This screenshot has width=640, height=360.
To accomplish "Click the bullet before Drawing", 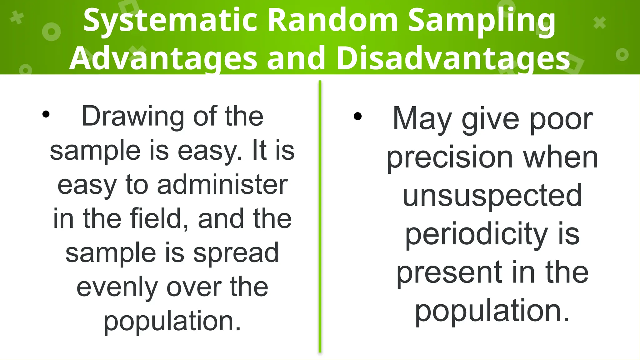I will pos(46,114).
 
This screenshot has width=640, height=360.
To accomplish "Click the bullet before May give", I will pos(357,117).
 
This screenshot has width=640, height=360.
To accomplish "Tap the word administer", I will pos(222,185).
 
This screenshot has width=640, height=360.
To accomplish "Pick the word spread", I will pos(236,253).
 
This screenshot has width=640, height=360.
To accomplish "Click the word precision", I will pos(450,158).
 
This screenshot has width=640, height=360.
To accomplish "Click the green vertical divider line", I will pos(320,216).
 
